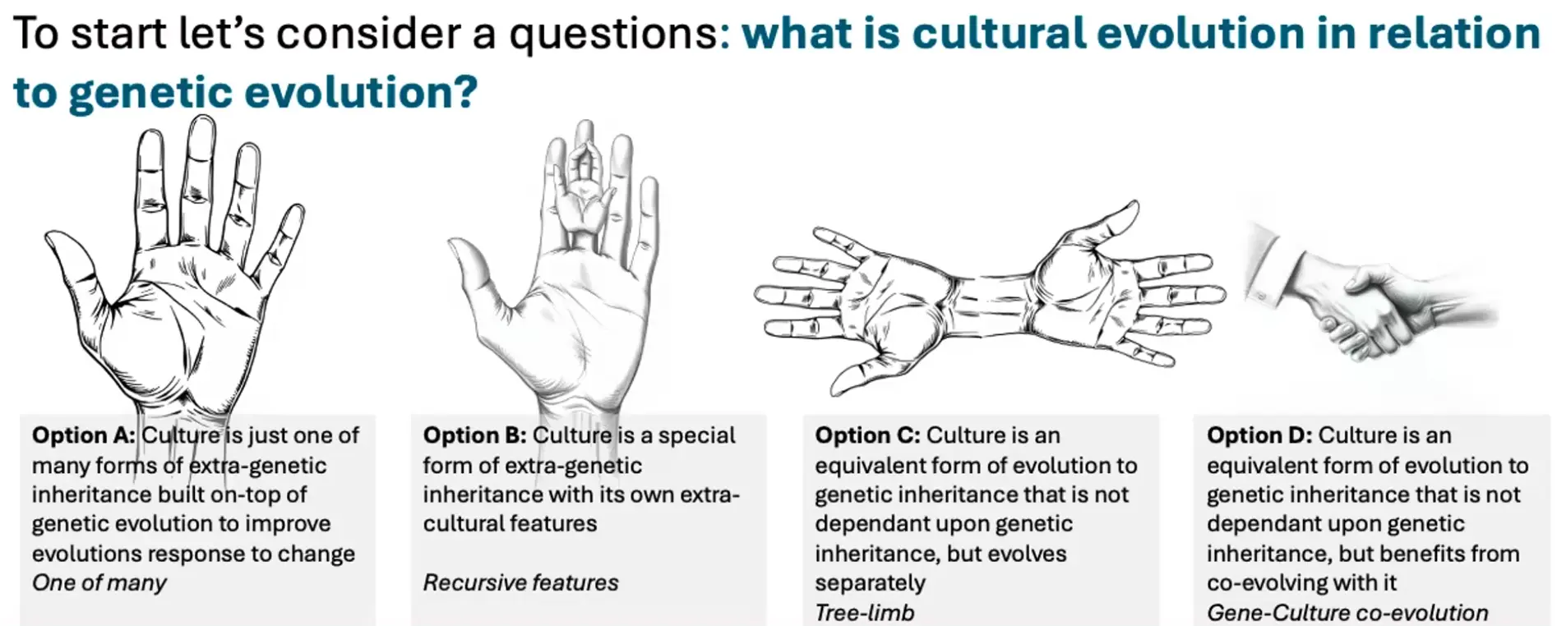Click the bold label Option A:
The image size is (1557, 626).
83,435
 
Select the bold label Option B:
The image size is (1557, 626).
474,435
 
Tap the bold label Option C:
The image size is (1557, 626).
866,435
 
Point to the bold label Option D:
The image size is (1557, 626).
1259,435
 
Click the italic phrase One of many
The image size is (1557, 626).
99,583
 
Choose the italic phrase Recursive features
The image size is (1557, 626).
520,583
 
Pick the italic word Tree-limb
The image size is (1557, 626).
865,613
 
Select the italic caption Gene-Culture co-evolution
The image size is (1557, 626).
1347,613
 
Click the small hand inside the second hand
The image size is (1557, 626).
584,192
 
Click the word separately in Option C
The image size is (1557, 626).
870,583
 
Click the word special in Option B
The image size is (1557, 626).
696,435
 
